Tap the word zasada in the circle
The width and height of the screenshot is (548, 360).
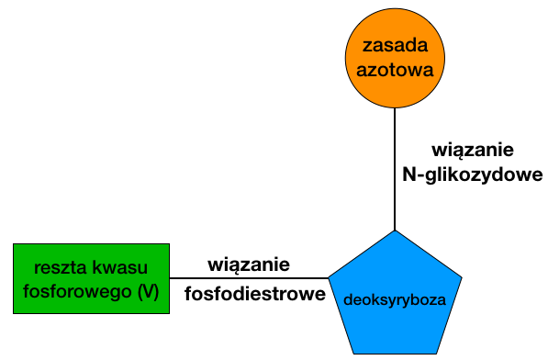(394, 44)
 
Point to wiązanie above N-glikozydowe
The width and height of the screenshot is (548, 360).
(472, 149)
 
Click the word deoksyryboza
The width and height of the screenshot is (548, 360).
(395, 299)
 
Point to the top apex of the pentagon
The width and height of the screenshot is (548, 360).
(395, 232)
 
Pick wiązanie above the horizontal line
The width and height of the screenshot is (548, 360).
(250, 264)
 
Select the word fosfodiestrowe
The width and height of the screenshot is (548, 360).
(255, 294)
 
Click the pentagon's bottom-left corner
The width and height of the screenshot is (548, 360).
(354, 353)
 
